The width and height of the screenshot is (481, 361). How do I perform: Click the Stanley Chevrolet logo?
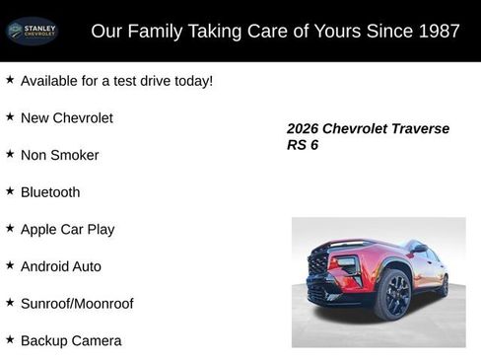pyautogui.click(x=32, y=31)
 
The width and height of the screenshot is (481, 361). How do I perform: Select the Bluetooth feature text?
pyautogui.click(x=50, y=192)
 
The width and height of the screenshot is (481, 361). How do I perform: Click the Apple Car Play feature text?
pyautogui.click(x=67, y=229)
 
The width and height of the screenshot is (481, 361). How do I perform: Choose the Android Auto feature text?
pyautogui.click(x=60, y=266)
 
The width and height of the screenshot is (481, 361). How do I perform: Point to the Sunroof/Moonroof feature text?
pyautogui.click(x=77, y=304)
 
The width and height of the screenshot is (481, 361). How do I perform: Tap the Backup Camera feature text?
pyautogui.click(x=71, y=340)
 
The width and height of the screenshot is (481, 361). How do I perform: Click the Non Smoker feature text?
pyautogui.click(x=59, y=155)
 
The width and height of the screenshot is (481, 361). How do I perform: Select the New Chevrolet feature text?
pyautogui.click(x=66, y=117)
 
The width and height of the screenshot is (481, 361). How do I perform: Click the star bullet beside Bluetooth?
pyautogui.click(x=10, y=191)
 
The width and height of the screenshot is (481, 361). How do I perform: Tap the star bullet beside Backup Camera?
pyautogui.click(x=10, y=339)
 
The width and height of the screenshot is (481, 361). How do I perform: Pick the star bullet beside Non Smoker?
pyautogui.click(x=10, y=154)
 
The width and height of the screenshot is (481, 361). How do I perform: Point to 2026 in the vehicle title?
pyautogui.click(x=304, y=128)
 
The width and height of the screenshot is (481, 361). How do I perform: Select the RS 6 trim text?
pyautogui.click(x=303, y=145)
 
